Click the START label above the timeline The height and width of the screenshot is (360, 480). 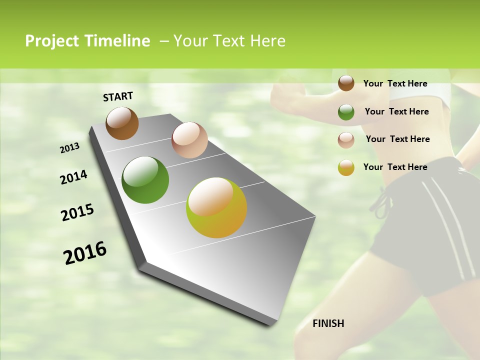point(118,96)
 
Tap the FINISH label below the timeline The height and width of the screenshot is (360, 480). point(328,323)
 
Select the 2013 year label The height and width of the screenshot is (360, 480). point(69,148)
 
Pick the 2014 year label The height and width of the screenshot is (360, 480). point(73,177)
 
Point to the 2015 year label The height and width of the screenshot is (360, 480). point(77,212)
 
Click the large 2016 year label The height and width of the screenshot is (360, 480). point(85,253)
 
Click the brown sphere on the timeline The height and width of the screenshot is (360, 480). point(122,123)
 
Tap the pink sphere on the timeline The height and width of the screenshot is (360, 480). point(189,140)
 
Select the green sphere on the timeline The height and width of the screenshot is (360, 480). point(145,180)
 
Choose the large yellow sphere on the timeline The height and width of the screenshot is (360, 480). point(216,207)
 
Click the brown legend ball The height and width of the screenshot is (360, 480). point(346,83)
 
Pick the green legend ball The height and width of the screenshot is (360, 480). point(346,111)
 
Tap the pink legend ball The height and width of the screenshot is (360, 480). point(346,139)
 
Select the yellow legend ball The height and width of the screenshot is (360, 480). point(346,167)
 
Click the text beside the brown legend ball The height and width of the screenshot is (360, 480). point(395,83)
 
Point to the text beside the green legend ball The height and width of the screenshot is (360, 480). point(396,111)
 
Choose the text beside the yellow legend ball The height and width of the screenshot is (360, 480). point(395,167)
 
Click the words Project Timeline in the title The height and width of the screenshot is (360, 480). point(87,41)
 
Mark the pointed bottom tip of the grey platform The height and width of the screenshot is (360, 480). point(274,325)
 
